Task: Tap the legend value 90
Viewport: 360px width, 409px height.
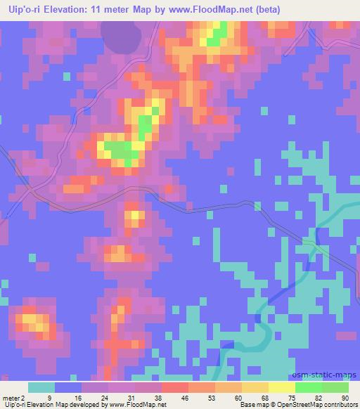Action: click(x=345, y=397)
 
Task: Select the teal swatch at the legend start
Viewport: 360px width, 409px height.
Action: click(x=41, y=387)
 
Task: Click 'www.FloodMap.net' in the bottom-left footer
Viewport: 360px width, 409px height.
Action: click(x=136, y=405)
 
